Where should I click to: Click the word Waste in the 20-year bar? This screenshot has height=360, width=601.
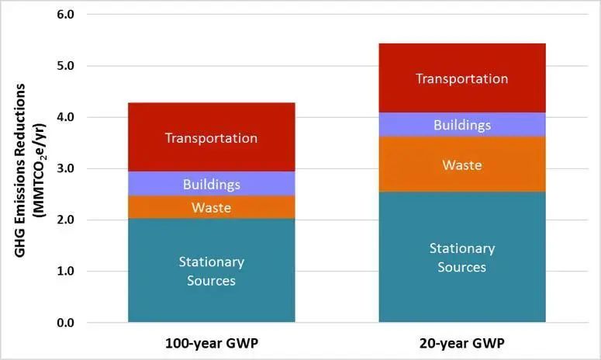point(462,165)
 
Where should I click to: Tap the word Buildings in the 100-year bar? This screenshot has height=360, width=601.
point(211,185)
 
